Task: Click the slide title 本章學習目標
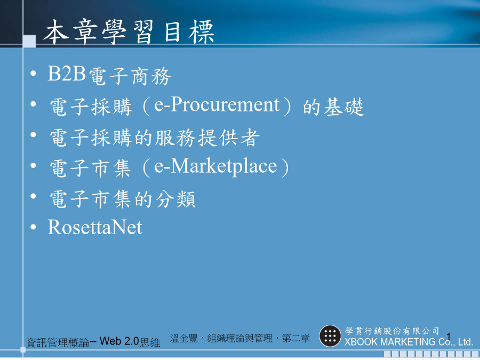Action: (x=128, y=32)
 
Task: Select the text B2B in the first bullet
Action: (x=67, y=74)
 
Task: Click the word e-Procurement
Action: (x=217, y=105)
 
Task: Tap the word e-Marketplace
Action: (x=215, y=166)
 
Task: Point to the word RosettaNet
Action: (x=95, y=227)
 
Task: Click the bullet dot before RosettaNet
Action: (x=34, y=227)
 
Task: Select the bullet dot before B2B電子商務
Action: (x=34, y=73)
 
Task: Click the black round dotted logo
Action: (x=330, y=336)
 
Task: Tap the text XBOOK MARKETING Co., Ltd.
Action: (x=409, y=342)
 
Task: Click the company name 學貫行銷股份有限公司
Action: (x=392, y=331)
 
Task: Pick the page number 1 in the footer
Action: (x=449, y=337)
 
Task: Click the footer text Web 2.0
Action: (x=119, y=341)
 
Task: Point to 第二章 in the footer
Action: (x=295, y=338)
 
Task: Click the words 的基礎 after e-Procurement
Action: (x=334, y=107)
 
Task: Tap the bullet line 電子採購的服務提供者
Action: (x=155, y=138)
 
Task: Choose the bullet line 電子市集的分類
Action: (x=123, y=199)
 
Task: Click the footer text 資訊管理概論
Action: (x=58, y=342)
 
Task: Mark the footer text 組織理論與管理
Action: (x=240, y=338)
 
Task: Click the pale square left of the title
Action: (x=29, y=41)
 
